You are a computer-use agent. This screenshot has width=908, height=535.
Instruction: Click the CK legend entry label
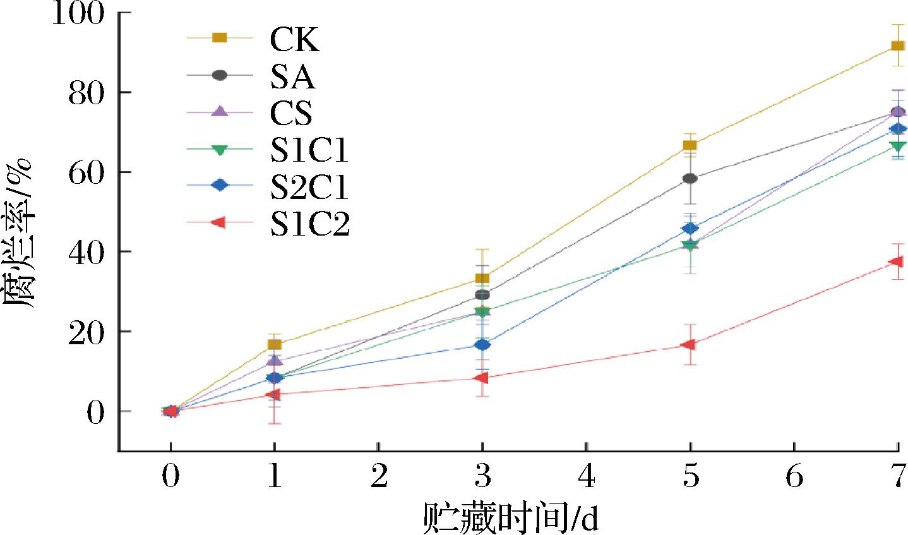294,39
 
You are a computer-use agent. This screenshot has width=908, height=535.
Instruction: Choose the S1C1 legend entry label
309,150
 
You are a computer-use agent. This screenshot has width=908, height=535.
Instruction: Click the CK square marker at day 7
897,45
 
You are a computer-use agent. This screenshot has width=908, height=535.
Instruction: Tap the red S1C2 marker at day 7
896,261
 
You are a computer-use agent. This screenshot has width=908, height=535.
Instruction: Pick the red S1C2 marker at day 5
689,344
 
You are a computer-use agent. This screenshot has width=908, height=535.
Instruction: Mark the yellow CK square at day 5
690,145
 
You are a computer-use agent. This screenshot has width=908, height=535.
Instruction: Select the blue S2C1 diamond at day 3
482,345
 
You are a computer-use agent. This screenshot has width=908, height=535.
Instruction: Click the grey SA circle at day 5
690,179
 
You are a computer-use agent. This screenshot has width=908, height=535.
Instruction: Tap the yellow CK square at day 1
274,344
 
